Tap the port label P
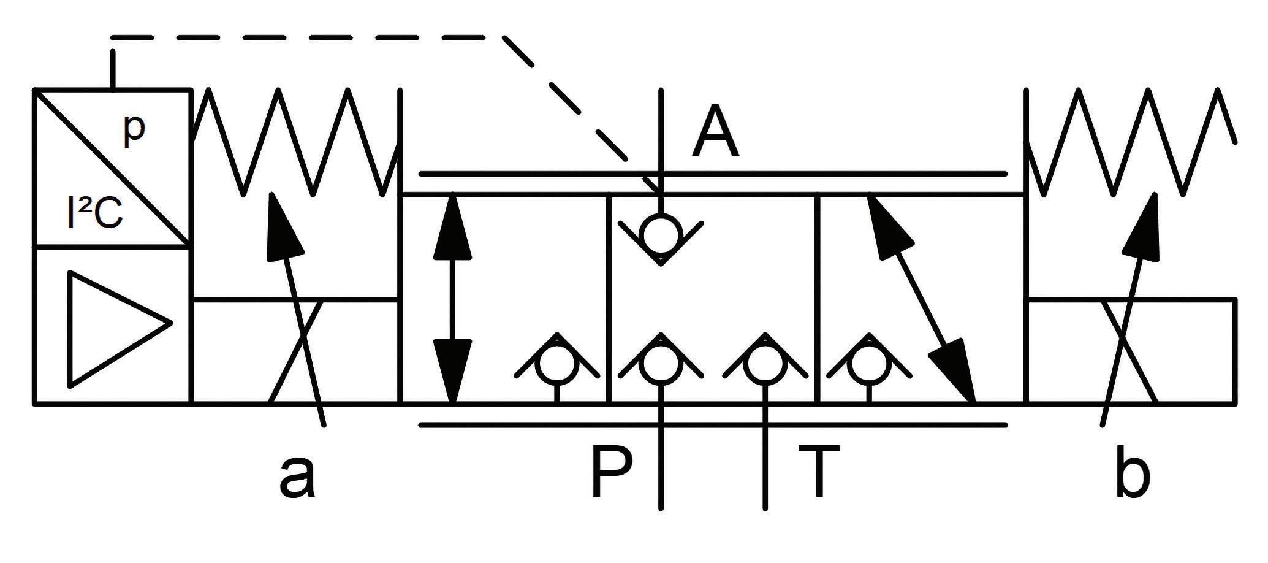tap(612, 472)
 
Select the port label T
tap(818, 472)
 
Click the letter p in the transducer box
tap(133, 130)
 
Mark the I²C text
tap(96, 216)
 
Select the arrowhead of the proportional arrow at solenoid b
tap(1144, 227)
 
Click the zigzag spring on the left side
tap(297, 142)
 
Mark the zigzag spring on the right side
tap(1131, 142)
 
